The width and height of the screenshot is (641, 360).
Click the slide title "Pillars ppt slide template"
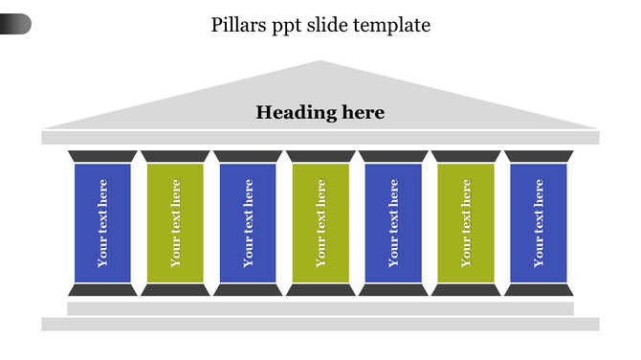[320, 26]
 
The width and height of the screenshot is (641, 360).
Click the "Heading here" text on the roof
[320, 113]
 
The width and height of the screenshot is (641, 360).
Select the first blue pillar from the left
[102, 223]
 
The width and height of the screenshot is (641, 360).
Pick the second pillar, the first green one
[175, 223]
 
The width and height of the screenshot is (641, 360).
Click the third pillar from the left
[248, 223]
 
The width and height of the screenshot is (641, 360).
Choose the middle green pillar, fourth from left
[320, 223]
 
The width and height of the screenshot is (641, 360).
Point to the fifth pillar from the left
[393, 223]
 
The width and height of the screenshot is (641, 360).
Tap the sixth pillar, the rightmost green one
[466, 223]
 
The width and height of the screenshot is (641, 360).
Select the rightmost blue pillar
[539, 223]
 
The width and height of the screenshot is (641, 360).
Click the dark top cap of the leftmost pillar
[102, 156]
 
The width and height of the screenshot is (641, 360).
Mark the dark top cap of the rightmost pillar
[539, 156]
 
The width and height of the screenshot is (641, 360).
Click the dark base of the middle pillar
[320, 290]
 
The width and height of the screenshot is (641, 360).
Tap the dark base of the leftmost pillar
[102, 290]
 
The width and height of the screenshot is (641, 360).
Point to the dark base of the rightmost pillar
[539, 290]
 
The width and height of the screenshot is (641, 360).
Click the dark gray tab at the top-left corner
[15, 24]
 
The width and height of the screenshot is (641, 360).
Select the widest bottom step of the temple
[320, 325]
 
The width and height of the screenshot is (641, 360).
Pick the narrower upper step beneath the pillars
[320, 308]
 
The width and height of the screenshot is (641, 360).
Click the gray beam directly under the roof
[320, 138]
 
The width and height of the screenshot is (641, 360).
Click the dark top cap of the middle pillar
[320, 156]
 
